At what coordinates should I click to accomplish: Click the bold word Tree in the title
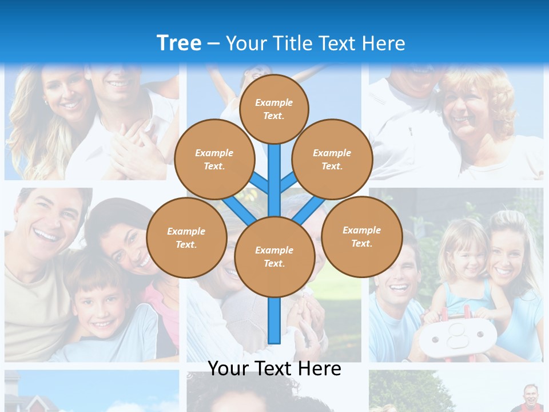click(x=179, y=43)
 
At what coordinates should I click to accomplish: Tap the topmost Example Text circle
click(x=274, y=109)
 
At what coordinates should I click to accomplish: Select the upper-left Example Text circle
click(x=214, y=159)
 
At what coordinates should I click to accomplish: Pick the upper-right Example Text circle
click(x=332, y=159)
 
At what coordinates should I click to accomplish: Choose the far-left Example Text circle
click(x=186, y=237)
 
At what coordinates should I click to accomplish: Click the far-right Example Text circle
click(x=361, y=236)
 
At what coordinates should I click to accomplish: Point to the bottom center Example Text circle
click(x=274, y=256)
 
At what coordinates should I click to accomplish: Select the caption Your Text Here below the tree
click(x=274, y=369)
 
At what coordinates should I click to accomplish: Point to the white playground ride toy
click(x=455, y=338)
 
